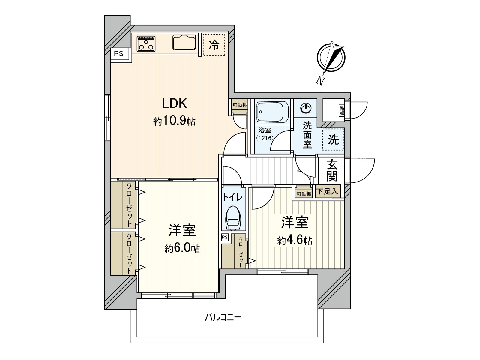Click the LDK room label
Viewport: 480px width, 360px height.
coord(174,103)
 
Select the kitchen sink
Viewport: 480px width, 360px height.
coord(184,42)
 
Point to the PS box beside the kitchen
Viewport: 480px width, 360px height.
coord(119,54)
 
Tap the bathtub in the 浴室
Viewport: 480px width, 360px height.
coord(272,111)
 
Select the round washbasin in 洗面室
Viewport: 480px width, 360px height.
coord(306,108)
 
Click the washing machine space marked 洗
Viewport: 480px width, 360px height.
coord(333,139)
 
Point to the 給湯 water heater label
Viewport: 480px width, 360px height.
coord(342,110)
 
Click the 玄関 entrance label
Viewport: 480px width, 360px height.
coord(332,171)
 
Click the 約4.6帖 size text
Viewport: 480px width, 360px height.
coord(295,241)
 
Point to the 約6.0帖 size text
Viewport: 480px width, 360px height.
coord(182,249)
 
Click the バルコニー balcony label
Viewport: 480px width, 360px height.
coord(223,317)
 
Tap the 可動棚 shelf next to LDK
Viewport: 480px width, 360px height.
coord(240,105)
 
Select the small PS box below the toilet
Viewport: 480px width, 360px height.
coord(225,237)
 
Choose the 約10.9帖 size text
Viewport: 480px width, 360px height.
coord(174,121)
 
